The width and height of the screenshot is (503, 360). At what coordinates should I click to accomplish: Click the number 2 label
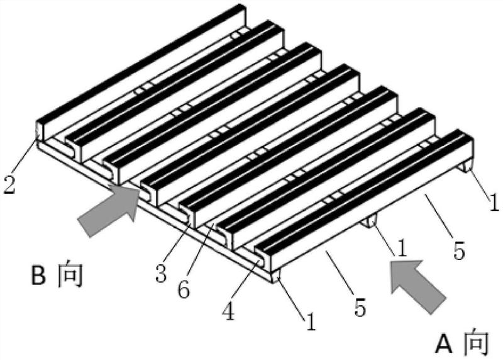9,184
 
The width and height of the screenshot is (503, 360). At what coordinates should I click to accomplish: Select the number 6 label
184,289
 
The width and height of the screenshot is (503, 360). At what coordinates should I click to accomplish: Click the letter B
38,275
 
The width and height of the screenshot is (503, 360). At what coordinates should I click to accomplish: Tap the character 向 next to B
70,275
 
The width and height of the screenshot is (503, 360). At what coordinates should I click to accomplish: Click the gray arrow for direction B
109,210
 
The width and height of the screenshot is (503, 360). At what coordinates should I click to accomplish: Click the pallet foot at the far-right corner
467,167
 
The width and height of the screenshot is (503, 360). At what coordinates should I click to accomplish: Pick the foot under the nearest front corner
276,276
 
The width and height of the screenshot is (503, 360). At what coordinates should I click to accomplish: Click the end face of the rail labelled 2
39,130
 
